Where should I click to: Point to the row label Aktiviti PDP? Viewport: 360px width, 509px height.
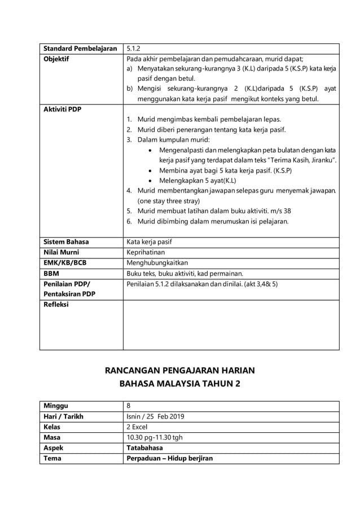pos(63,109)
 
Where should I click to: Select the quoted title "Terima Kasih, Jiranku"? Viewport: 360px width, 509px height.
pos(297,160)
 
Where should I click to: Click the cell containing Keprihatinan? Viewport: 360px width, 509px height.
pos(146,252)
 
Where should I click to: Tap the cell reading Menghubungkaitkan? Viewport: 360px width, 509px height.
pos(157,262)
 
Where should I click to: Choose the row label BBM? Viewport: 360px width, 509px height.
pos(51,273)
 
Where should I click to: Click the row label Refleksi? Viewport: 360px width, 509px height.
pos(56,305)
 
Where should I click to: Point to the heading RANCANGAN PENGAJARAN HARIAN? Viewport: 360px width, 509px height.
pos(180,371)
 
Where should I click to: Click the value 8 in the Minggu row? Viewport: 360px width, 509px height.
pos(129,406)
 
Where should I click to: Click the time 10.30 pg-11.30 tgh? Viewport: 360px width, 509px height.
pos(154,437)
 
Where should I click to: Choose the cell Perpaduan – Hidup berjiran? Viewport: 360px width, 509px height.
pos(169,458)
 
